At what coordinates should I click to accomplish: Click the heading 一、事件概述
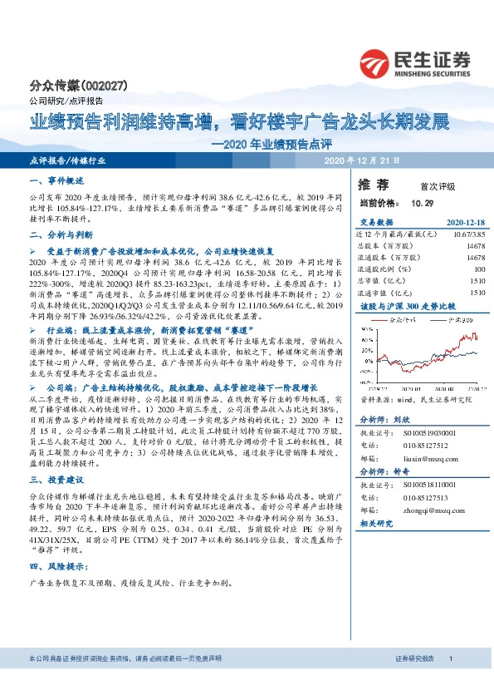point(57,180)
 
